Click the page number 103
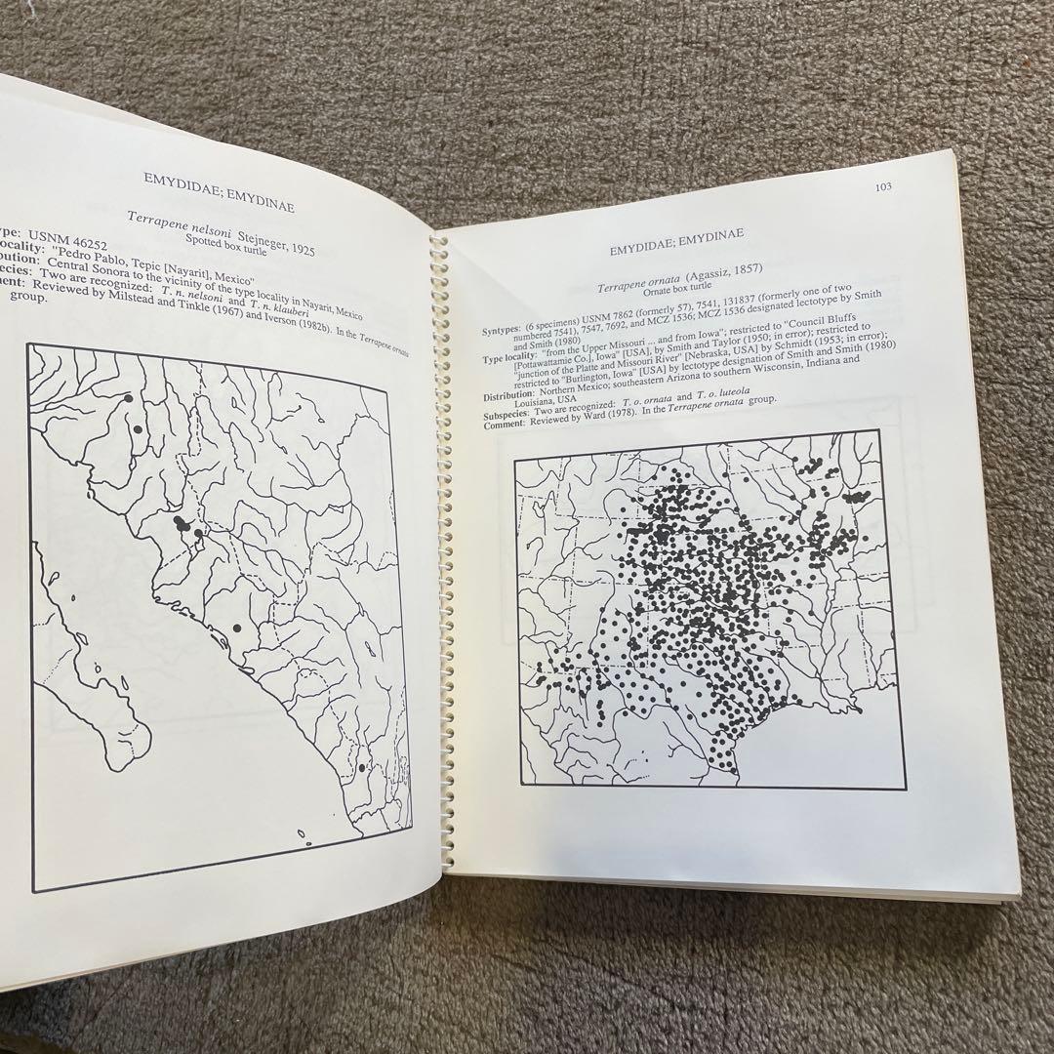[882, 187]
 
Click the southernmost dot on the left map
[362, 768]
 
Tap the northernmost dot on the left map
[128, 398]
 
